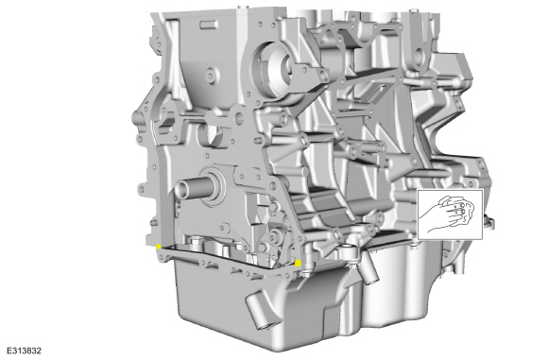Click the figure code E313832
click(x=24, y=351)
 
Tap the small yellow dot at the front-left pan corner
click(x=159, y=247)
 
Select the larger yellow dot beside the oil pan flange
click(x=298, y=263)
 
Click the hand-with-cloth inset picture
click(x=450, y=214)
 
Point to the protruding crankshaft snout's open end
click(x=181, y=190)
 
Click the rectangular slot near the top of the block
click(x=210, y=26)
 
